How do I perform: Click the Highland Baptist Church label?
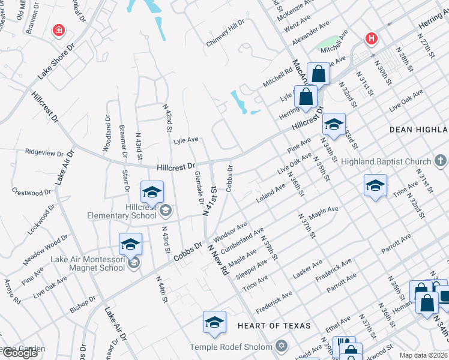(386, 161)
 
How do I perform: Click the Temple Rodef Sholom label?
(231, 347)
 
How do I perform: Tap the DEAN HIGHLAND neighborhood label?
(418, 130)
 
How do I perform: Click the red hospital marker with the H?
(372, 39)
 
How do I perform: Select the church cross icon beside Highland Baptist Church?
(441, 161)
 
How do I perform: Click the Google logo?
(20, 353)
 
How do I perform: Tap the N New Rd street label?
(218, 259)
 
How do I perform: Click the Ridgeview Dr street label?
(43, 153)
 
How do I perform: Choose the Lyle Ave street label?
(185, 140)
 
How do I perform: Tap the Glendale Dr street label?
(200, 188)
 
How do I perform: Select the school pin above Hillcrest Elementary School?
(152, 193)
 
